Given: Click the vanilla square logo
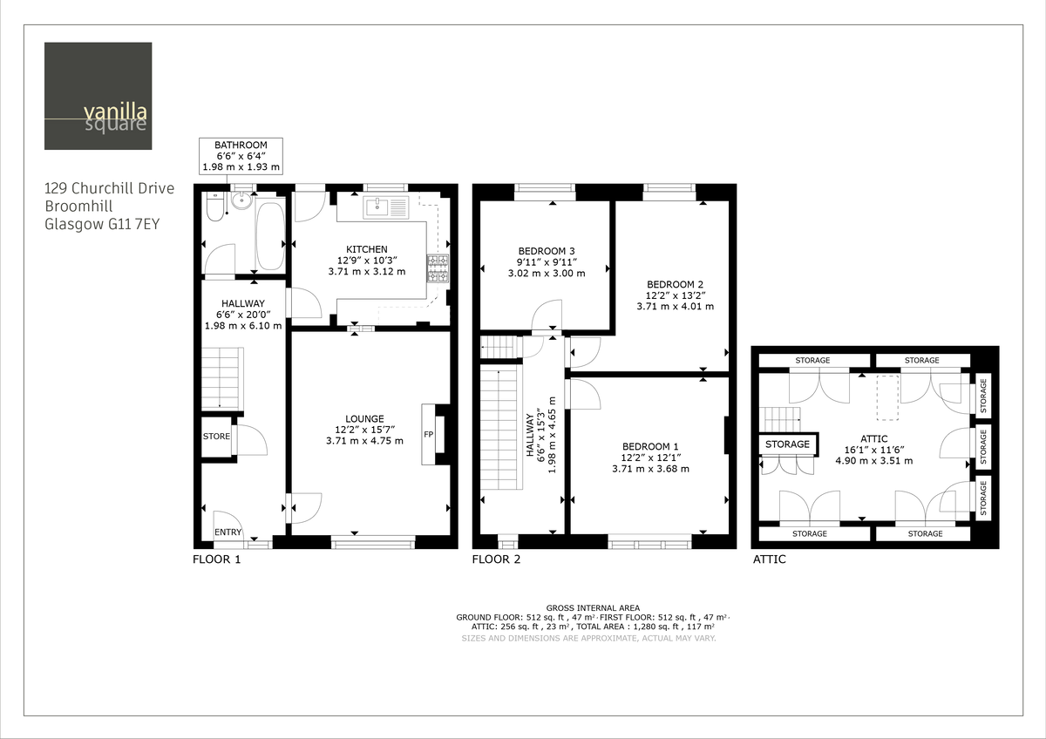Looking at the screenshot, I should point(98,96).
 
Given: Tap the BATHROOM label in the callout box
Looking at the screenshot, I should point(241,145).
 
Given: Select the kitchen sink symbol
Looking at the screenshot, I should point(384,207).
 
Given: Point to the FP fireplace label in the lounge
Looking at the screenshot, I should point(429,434).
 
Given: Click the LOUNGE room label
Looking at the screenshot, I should point(364,418).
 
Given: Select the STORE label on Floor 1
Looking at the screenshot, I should point(216,437).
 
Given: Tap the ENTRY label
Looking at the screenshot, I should point(228,532).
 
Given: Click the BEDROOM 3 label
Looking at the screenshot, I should point(547,250).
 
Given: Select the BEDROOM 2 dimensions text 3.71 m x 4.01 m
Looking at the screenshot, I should point(669,307).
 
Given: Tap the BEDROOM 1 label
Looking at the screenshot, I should point(650,446).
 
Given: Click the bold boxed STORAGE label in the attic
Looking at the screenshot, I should point(787,444).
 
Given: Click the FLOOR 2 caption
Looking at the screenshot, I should point(496,559).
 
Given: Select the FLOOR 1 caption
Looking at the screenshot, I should point(216,559).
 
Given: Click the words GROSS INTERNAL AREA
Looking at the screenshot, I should point(593,607).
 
